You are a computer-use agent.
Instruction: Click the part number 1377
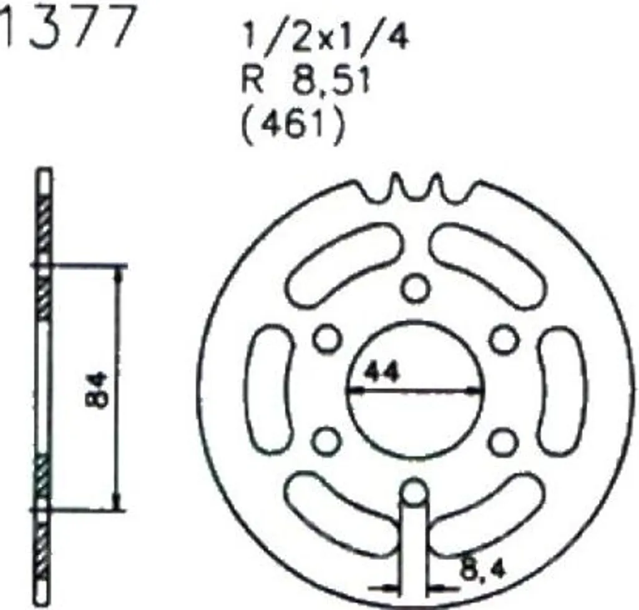tap(67, 26)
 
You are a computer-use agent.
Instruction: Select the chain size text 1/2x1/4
tap(324, 37)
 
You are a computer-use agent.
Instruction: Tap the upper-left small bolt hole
tap(327, 338)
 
